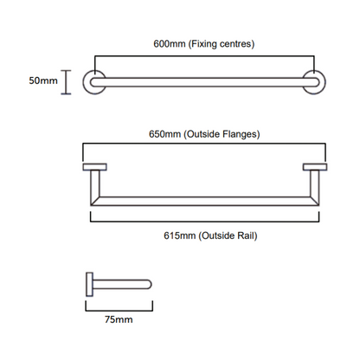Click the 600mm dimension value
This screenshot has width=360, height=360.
(x=170, y=44)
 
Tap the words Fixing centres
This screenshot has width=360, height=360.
(x=222, y=44)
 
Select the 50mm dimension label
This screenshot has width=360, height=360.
(x=43, y=80)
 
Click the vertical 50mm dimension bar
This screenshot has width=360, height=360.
(x=66, y=82)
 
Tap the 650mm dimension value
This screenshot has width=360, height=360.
(x=164, y=134)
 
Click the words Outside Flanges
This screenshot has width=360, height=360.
(x=222, y=134)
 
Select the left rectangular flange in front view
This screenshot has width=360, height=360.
(x=94, y=167)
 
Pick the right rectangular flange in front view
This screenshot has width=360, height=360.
(x=315, y=167)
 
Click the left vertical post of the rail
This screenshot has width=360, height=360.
(x=95, y=184)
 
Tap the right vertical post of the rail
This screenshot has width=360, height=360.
(x=315, y=184)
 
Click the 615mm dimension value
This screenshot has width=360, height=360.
(x=180, y=235)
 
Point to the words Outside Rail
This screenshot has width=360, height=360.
(x=228, y=235)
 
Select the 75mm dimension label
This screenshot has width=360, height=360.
(x=119, y=319)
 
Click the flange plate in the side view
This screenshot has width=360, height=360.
(x=89, y=285)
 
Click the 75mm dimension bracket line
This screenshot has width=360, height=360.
(x=119, y=311)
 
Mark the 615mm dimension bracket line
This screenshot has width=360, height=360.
(x=205, y=222)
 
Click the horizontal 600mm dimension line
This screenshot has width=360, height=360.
(x=204, y=56)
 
